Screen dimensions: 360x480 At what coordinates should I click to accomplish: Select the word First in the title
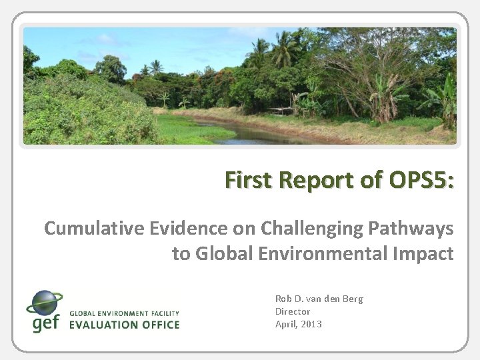(x=247, y=180)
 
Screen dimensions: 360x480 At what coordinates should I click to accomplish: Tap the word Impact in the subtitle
(x=425, y=254)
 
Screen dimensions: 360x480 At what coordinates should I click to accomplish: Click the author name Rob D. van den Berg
(x=319, y=299)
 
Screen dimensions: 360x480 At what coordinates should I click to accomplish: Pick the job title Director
(x=293, y=311)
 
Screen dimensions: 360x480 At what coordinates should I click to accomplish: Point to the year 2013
(x=311, y=324)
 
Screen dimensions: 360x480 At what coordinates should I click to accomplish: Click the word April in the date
(x=287, y=324)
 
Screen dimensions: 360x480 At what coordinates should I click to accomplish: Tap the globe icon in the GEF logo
(x=43, y=303)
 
